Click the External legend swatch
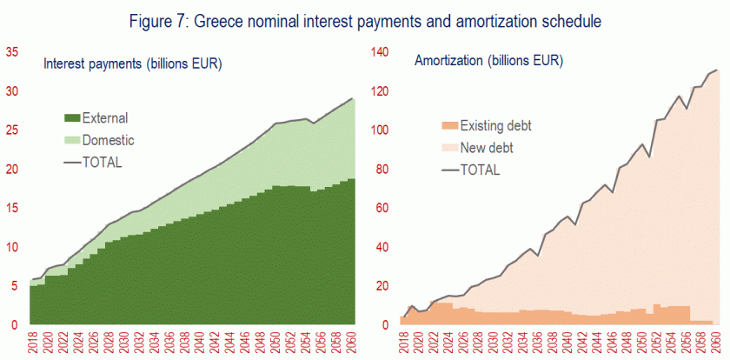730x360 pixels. click(x=73, y=117)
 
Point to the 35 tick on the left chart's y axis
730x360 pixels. click(x=11, y=52)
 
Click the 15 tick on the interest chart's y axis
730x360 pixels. click(x=11, y=208)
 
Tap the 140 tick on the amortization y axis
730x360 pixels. click(x=381, y=52)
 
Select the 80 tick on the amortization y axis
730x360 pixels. click(x=383, y=169)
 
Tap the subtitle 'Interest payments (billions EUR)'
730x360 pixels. click(x=132, y=63)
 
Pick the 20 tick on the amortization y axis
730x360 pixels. click(x=383, y=286)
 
